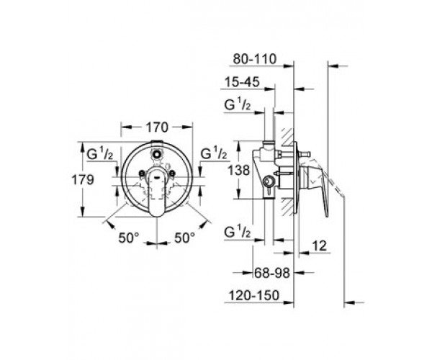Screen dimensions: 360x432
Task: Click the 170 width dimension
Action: click(x=157, y=127)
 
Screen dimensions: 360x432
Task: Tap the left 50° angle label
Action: click(x=130, y=236)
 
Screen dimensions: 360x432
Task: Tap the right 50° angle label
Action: click(x=184, y=236)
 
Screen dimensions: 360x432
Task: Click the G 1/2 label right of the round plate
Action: click(x=215, y=153)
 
